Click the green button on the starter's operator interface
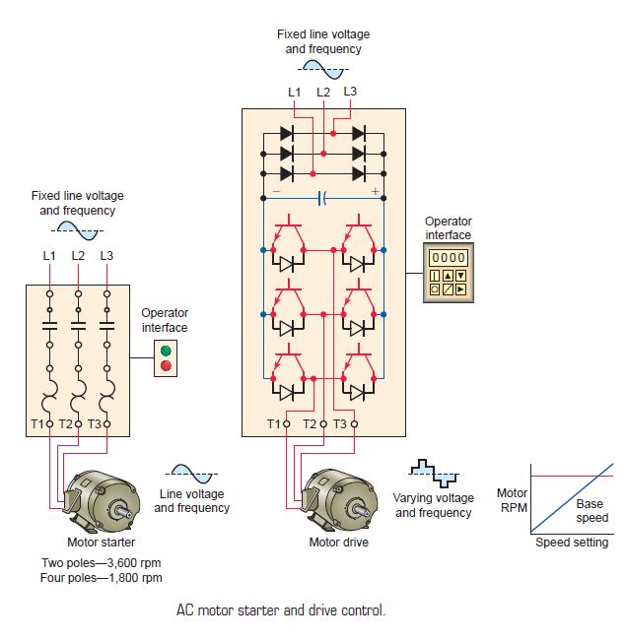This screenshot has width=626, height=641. click(x=166, y=351)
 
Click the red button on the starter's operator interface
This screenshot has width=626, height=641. click(x=166, y=365)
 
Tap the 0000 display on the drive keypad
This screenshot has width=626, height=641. click(x=449, y=258)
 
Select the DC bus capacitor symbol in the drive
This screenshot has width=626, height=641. click(x=322, y=199)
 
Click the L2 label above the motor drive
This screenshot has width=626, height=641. click(x=323, y=92)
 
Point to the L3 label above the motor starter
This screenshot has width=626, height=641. click(x=106, y=255)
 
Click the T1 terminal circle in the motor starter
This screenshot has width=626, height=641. click(x=49, y=424)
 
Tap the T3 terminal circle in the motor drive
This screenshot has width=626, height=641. click(x=354, y=424)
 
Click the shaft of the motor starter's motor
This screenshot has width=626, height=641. click(x=123, y=511)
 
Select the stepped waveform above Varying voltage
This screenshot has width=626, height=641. click(x=434, y=474)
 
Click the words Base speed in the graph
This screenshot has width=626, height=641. click(x=592, y=511)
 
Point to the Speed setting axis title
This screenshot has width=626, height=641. click(x=572, y=543)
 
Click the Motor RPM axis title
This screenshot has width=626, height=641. click(x=513, y=500)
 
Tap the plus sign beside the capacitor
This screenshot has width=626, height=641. click(x=375, y=191)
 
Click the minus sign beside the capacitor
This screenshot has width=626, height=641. click(x=276, y=191)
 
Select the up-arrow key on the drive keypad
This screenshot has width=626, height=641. click(x=449, y=276)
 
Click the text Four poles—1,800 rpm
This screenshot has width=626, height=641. click(x=102, y=578)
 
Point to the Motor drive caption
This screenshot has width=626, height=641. click(x=338, y=543)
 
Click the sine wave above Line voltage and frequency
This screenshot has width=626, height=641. click(x=192, y=474)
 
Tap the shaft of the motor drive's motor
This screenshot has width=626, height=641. click(x=359, y=509)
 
